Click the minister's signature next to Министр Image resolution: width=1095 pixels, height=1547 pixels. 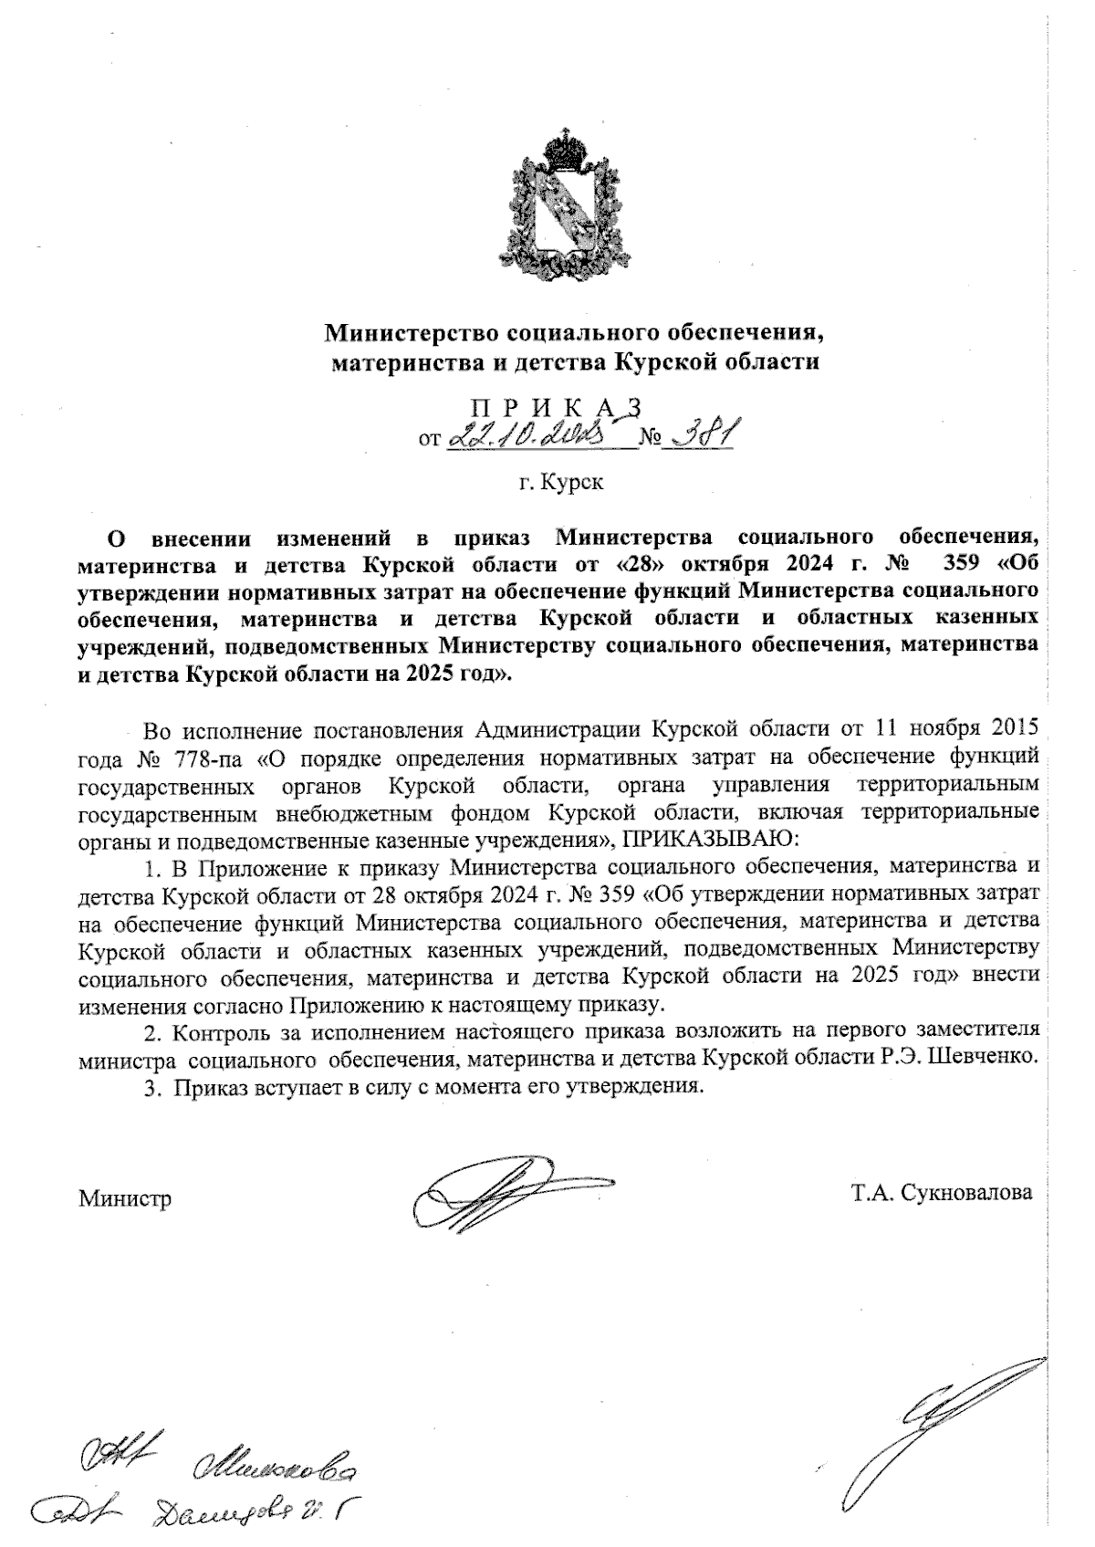pos(511,1192)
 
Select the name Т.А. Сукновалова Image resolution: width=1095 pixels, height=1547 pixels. pos(941,1193)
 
